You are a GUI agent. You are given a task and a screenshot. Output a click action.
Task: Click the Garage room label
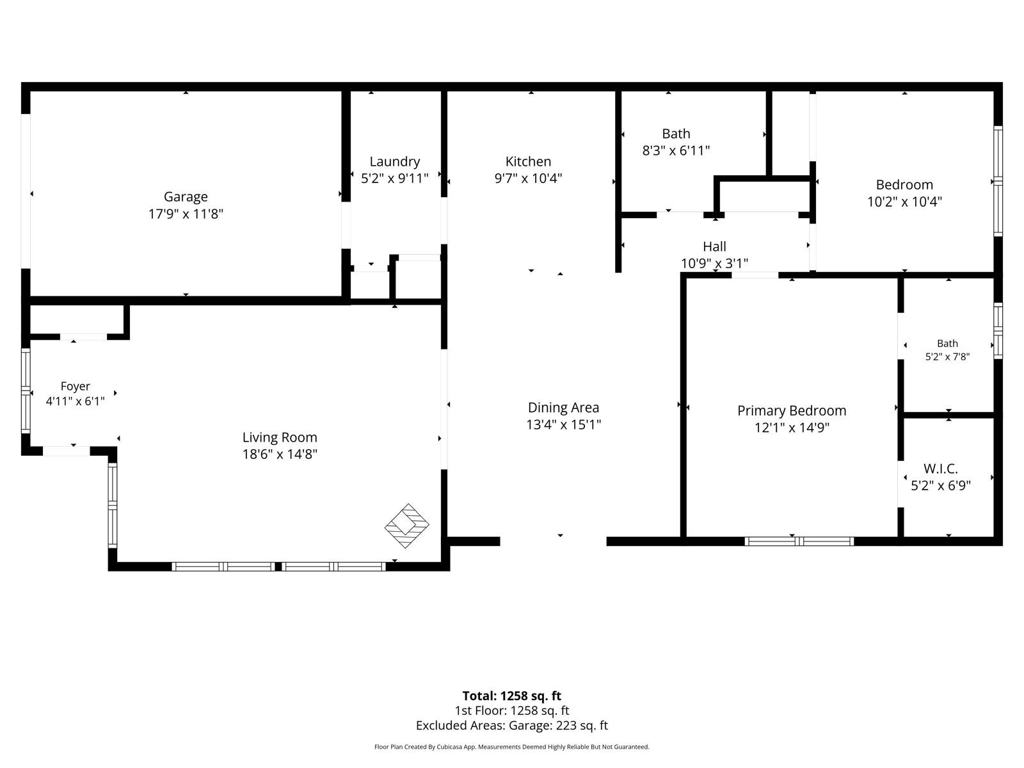point(186,196)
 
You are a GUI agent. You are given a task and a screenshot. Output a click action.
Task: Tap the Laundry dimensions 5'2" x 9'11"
point(395,178)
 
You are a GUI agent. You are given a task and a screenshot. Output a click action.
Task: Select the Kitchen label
point(528,161)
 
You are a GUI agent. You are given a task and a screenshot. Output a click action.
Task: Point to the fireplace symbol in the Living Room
point(407,526)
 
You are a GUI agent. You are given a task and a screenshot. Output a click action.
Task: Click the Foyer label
point(75,386)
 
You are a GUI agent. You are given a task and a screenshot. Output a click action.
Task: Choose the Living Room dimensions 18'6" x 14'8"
point(280,454)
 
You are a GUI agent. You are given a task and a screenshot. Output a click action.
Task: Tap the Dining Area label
point(564,408)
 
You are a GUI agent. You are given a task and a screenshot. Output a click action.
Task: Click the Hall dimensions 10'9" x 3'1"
point(714,264)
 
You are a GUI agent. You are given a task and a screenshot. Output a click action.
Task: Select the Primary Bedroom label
point(792,411)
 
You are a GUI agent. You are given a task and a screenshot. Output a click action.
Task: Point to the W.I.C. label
point(941,468)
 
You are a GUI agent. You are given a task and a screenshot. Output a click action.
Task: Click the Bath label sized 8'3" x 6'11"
point(676,134)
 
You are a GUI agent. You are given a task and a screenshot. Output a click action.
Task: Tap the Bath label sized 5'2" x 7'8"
point(947,344)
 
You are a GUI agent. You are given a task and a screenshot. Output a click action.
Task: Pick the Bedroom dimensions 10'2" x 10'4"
point(904,202)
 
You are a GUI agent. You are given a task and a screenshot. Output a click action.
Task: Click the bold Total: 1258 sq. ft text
point(512,696)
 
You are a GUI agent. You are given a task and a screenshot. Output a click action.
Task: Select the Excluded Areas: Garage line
point(512,726)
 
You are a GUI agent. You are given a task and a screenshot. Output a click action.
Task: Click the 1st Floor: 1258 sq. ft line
point(512,710)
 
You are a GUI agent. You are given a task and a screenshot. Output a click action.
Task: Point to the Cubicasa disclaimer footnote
point(512,747)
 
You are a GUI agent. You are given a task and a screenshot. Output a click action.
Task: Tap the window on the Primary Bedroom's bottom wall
point(799,541)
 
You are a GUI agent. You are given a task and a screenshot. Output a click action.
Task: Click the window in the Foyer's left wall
point(26,391)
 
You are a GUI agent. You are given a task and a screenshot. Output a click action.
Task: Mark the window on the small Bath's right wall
point(998,331)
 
